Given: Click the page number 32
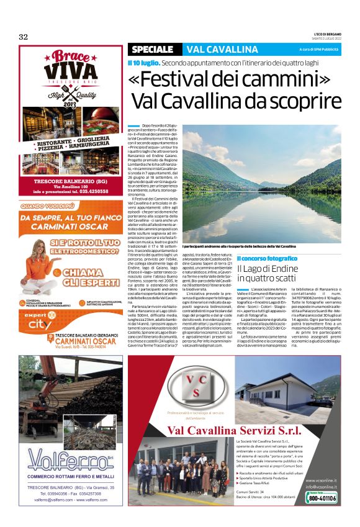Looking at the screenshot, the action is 24,37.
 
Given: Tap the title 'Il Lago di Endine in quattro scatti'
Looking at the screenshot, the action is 267,273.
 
